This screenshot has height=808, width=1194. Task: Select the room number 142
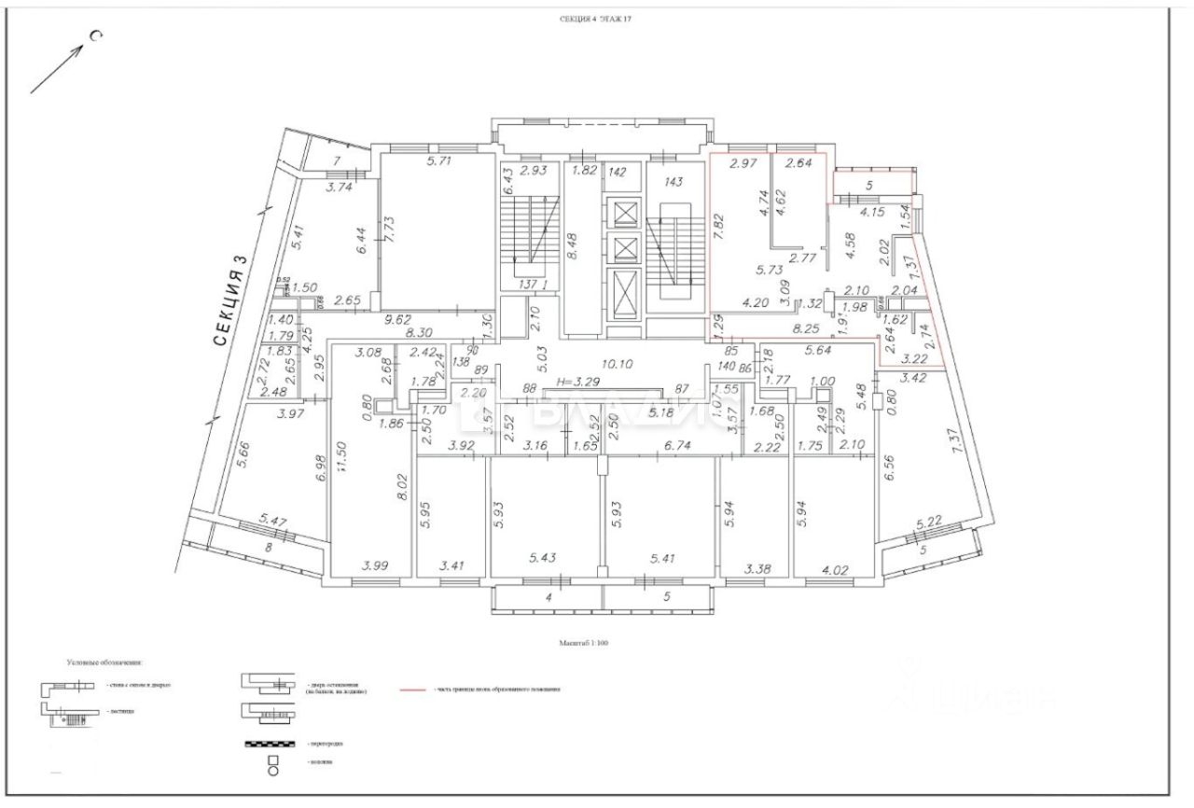pyautogui.click(x=617, y=172)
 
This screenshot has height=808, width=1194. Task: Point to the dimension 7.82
pyautogui.click(x=718, y=230)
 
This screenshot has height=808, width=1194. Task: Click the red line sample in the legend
pyautogui.click(x=415, y=690)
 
